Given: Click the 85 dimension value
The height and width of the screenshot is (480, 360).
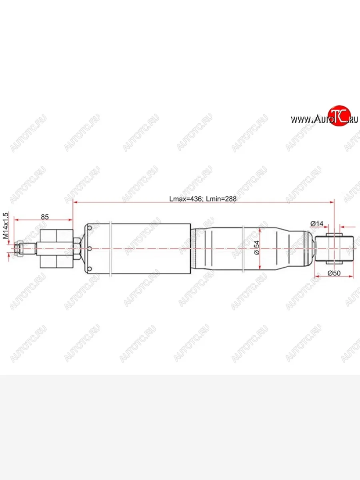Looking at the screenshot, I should pyautogui.click(x=44, y=217).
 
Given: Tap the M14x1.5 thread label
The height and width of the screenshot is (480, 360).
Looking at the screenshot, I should pyautogui.click(x=6, y=226).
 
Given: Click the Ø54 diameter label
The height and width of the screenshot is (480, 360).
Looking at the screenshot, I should pyautogui.click(x=256, y=248).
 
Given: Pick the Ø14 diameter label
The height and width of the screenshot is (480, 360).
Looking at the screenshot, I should pyautogui.click(x=316, y=224).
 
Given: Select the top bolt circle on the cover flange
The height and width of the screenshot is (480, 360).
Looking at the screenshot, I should pyautogui.click(x=90, y=228).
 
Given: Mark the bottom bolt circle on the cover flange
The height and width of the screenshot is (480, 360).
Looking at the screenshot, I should pyautogui.click(x=90, y=269).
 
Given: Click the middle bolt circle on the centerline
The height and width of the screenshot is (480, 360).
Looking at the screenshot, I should pyautogui.click(x=90, y=249).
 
